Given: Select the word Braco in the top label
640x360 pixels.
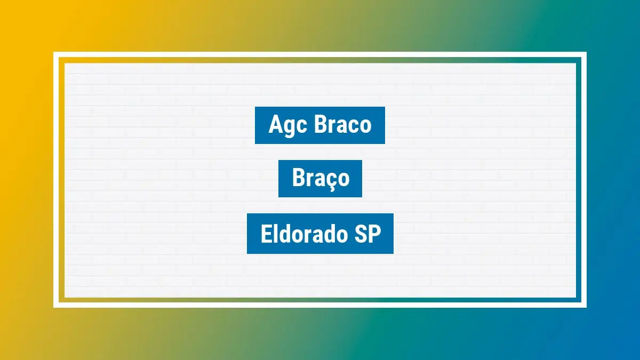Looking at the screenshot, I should coord(343,125).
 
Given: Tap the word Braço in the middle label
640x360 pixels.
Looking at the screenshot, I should coord(321,179).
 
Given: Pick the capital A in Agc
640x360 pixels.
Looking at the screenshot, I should coord(275,125).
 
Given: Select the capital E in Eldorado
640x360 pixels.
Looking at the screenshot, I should coord(266,234).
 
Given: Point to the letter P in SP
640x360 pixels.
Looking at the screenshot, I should coord(375,234).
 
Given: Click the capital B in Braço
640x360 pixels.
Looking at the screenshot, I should coord(298,179).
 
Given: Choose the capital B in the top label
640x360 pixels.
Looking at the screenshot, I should coord(321,125).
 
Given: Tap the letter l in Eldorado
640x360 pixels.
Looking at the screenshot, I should coord(275,234).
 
